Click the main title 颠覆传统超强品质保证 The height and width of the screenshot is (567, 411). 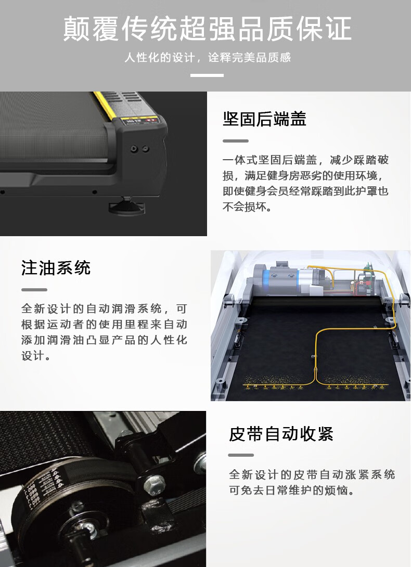coord(207,29)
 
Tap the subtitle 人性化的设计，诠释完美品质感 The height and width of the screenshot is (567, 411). coord(208,58)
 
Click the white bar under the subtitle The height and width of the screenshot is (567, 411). coord(207,75)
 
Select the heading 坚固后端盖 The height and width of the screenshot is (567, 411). coord(264,119)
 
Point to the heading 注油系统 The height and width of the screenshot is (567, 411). coord(56,268)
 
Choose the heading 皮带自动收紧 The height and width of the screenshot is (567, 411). coord(281,434)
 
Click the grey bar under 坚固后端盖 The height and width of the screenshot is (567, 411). coord(236,140)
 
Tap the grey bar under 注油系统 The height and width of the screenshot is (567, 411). coord(34,290)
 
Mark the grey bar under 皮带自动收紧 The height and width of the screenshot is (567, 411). coord(241,455)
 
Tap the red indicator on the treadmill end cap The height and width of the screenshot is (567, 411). coord(151,119)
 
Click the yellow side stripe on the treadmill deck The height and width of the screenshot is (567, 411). coord(105,105)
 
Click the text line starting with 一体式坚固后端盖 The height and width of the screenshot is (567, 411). coord(306,160)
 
